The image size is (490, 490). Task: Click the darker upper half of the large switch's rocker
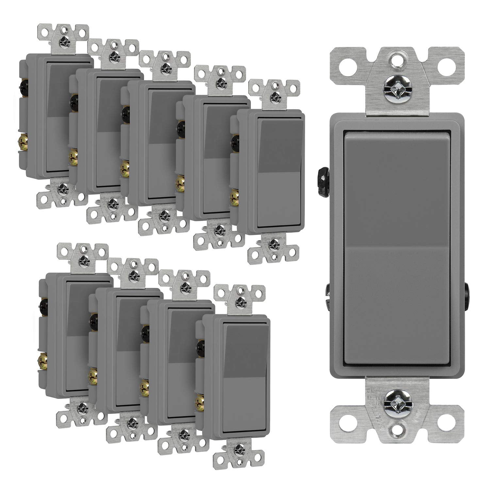tap(395, 189)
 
